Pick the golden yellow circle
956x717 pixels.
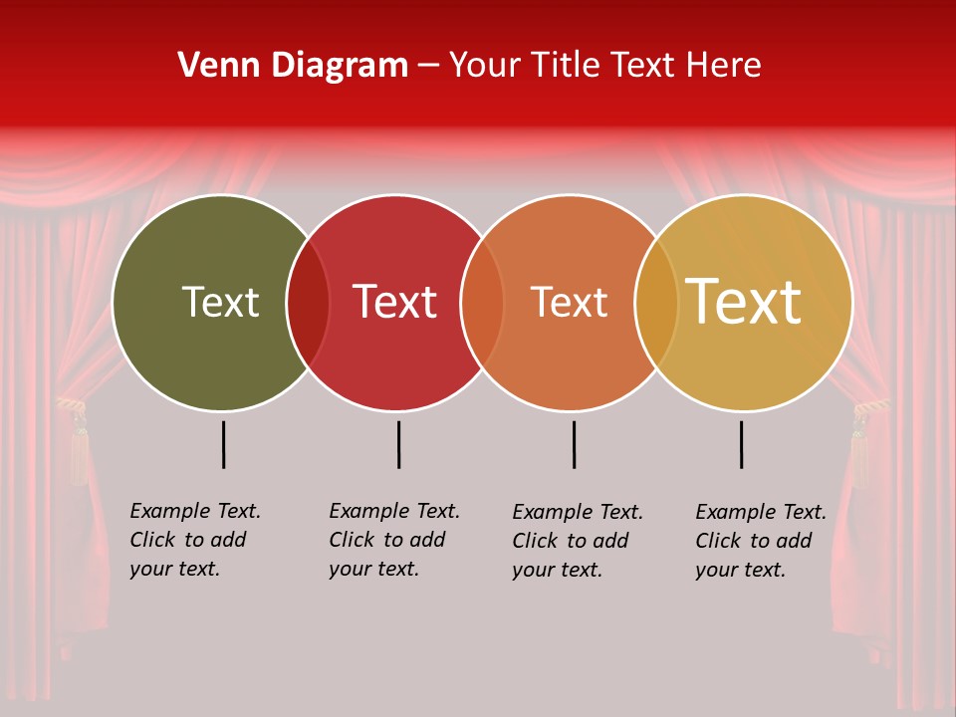click(x=757, y=358)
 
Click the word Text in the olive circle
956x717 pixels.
click(x=220, y=302)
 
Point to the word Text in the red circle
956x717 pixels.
click(x=395, y=302)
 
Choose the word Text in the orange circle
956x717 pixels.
click(x=569, y=302)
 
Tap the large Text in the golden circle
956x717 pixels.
click(x=744, y=301)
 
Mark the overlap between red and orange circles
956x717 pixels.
click(x=482, y=303)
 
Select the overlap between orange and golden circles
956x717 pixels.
click(x=656, y=303)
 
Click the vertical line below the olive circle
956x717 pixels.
click(x=224, y=444)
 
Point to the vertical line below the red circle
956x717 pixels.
click(x=398, y=444)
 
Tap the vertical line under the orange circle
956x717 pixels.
click(x=574, y=444)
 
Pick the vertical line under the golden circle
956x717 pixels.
click(x=741, y=444)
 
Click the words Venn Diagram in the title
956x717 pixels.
click(x=293, y=66)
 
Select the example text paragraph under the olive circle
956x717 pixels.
click(x=195, y=540)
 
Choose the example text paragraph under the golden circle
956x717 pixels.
click(x=761, y=541)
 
